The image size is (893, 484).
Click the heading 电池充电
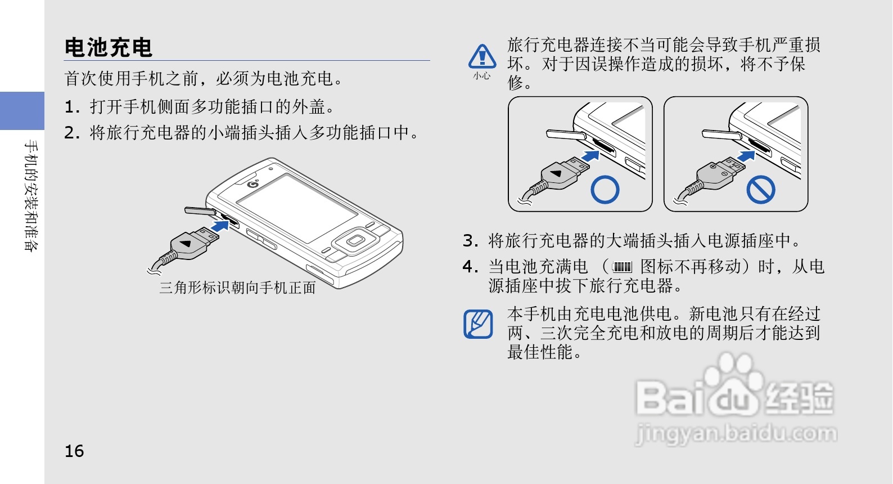point(109,47)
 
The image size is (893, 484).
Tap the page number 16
point(74,451)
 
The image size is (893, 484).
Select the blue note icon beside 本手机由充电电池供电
point(478,324)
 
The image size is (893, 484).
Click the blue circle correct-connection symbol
point(605,190)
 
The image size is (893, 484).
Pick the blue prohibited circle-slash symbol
point(760,190)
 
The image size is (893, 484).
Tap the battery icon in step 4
point(622,267)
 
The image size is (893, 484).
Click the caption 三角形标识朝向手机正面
point(237,288)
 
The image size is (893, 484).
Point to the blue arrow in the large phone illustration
point(220,226)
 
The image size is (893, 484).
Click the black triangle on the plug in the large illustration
point(186,244)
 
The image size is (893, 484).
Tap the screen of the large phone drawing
point(296,208)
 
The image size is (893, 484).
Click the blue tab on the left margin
point(22,111)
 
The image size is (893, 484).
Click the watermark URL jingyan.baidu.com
point(736,434)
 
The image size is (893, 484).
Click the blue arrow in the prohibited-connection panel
point(746,155)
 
